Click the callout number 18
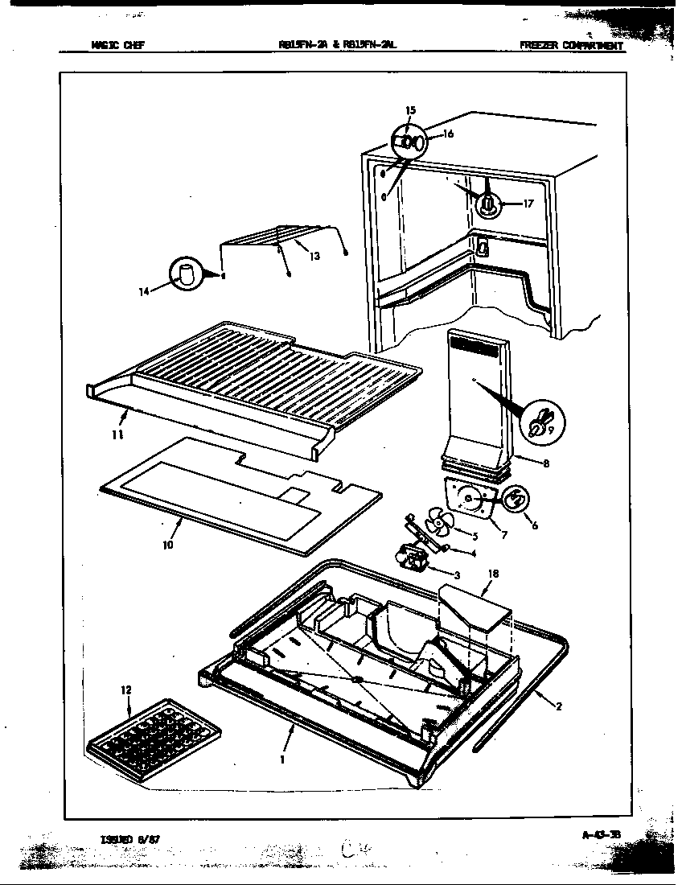493,574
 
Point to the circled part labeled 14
187,274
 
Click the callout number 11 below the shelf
117,435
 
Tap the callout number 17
528,204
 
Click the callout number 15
410,109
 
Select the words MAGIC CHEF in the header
112,46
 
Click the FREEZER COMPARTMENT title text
571,46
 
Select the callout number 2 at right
558,707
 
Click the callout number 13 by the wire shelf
314,256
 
